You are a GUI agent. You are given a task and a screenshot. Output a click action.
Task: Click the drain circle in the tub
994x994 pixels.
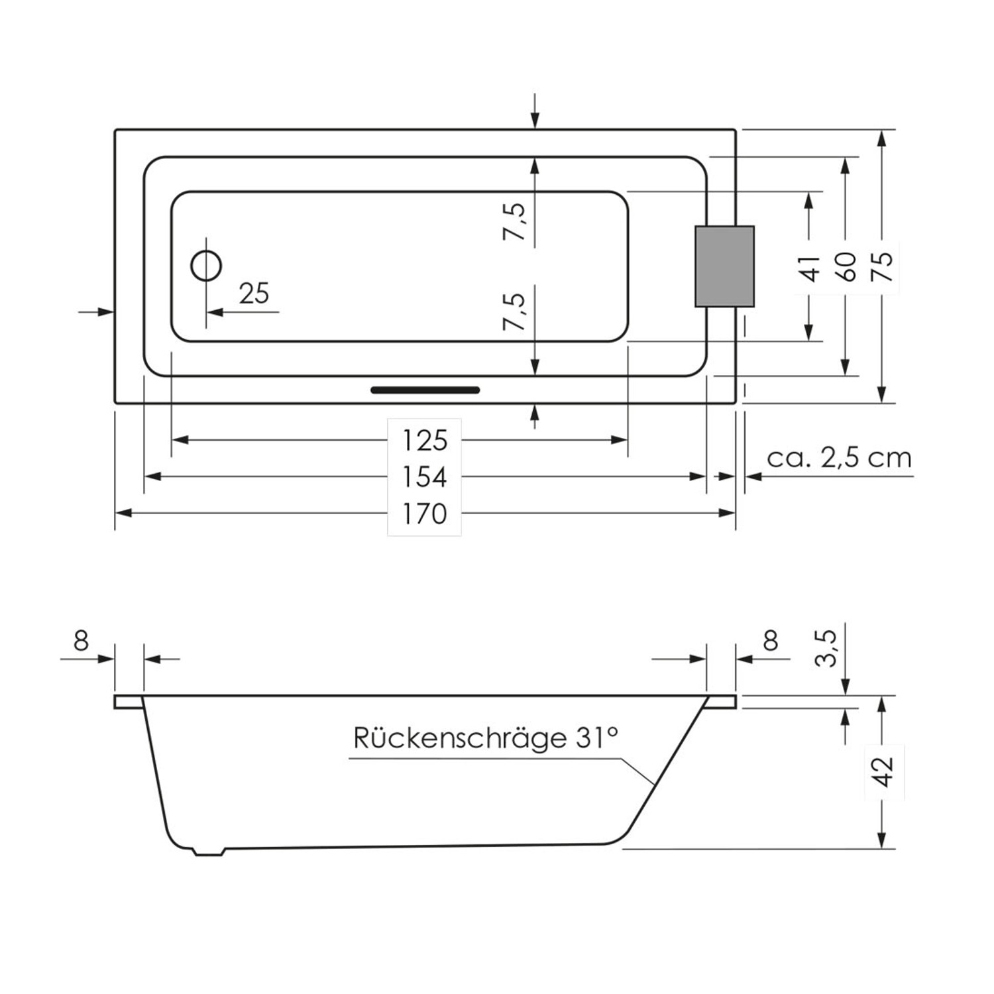(206, 266)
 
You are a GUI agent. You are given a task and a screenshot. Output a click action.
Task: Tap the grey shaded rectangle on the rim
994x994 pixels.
(724, 266)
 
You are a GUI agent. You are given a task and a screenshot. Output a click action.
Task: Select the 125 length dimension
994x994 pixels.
(424, 440)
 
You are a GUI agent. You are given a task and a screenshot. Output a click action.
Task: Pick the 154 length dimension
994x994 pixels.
(424, 476)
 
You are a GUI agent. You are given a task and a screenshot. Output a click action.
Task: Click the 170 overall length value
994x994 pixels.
(424, 514)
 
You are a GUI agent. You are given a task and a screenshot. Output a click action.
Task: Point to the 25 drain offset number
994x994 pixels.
(254, 294)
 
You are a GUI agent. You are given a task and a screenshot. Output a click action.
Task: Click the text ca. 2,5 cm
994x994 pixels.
(839, 458)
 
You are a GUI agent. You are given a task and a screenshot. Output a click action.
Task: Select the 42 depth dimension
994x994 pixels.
(883, 772)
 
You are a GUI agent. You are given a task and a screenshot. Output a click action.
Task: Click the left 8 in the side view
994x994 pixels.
(81, 641)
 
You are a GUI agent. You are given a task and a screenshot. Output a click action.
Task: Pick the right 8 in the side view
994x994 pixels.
(770, 641)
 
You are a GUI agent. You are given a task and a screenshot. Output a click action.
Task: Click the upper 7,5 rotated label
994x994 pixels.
(515, 222)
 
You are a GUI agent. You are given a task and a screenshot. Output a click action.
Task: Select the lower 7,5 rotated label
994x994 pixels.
(515, 311)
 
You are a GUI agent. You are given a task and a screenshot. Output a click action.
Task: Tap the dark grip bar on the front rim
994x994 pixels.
(425, 390)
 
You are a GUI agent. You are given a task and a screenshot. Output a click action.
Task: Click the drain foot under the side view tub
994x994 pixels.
(209, 852)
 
